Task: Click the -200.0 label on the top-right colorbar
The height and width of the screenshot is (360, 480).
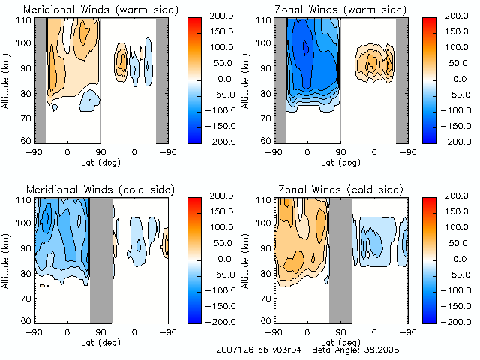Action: pyautogui.click(x=459, y=141)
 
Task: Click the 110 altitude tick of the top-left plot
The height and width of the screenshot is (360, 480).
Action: pyautogui.click(x=24, y=20)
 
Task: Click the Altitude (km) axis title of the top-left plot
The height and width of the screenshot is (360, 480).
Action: pyautogui.click(x=7, y=80)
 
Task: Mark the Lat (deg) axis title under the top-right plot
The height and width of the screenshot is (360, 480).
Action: pyautogui.click(x=341, y=162)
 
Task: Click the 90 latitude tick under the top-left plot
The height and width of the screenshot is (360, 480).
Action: pyautogui.click(x=100, y=151)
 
